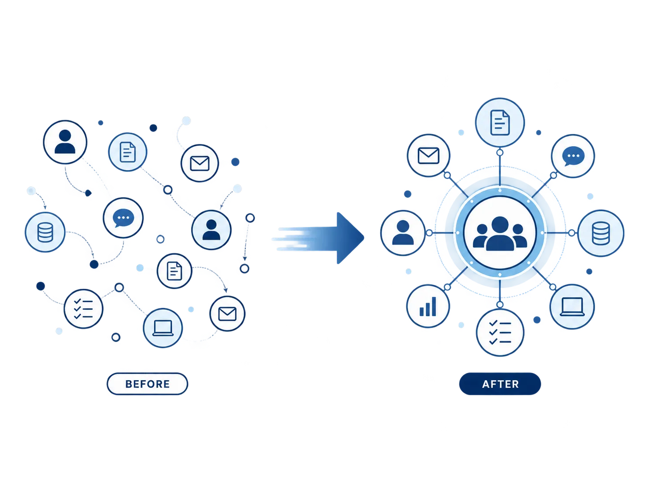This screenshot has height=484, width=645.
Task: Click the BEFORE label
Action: pyautogui.click(x=147, y=384)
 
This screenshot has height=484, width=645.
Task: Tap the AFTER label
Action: pyautogui.click(x=500, y=384)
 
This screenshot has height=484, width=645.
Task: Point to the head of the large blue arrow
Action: pyautogui.click(x=364, y=238)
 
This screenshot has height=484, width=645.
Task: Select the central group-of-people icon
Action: pyautogui.click(x=500, y=234)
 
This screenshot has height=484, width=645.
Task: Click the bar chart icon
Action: pyautogui.click(x=428, y=307)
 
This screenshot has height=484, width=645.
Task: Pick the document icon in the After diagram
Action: pyautogui.click(x=500, y=123)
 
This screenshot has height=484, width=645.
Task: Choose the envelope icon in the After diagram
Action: pyautogui.click(x=429, y=156)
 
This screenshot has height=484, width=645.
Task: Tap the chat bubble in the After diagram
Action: pyautogui.click(x=573, y=156)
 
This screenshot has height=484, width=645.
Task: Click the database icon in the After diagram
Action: pyautogui.click(x=600, y=234)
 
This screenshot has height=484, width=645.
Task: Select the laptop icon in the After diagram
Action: pyautogui.click(x=572, y=307)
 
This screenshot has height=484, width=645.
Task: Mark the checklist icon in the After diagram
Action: pyautogui.click(x=500, y=332)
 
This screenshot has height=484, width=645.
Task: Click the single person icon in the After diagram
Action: pyautogui.click(x=403, y=233)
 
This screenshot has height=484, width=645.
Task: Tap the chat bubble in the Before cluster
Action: pyautogui.click(x=123, y=218)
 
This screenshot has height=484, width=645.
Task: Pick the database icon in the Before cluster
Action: pyautogui.click(x=45, y=232)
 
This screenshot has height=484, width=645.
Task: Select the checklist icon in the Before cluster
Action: pyautogui.click(x=83, y=308)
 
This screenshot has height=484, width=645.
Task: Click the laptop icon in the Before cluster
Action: pyautogui.click(x=163, y=328)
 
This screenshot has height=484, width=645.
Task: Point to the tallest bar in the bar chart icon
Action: pyautogui.click(x=434, y=307)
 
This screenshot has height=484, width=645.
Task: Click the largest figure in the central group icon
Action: pyautogui.click(x=500, y=234)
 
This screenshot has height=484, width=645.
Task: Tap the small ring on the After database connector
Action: pyautogui.click(x=572, y=233)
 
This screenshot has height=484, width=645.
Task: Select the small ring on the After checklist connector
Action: pyautogui.click(x=500, y=304)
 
